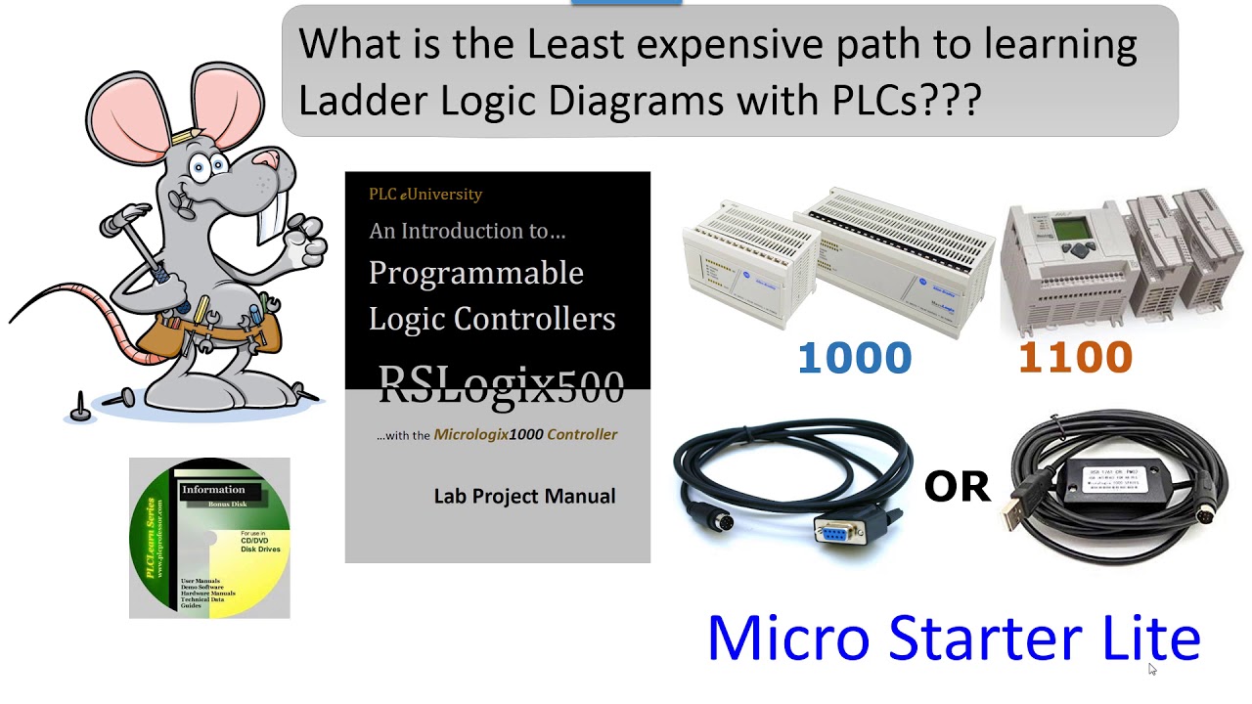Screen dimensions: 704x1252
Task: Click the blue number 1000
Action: (854, 358)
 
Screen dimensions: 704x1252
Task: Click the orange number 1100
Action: (1075, 358)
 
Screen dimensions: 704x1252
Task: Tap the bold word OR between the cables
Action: (957, 486)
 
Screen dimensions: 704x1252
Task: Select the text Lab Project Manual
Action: (524, 497)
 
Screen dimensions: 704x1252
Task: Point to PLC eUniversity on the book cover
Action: (425, 194)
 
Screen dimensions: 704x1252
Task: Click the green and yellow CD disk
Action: (209, 538)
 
